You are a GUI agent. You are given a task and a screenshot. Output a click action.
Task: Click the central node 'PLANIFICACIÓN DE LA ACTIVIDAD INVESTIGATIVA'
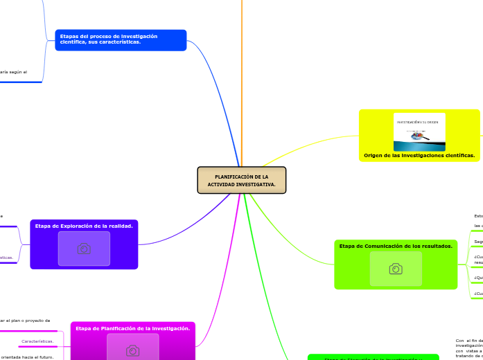tap(241, 180)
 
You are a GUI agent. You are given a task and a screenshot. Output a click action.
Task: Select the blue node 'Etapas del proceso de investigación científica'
tap(121, 39)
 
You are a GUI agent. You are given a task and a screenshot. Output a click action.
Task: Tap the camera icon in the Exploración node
tap(84, 249)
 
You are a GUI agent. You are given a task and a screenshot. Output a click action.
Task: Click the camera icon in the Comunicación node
tap(396, 269)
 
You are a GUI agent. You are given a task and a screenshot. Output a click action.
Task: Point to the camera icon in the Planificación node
tap(132, 350)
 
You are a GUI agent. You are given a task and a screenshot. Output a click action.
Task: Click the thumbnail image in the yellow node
tap(419, 132)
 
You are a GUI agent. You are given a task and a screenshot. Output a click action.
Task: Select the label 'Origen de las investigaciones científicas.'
tap(419, 156)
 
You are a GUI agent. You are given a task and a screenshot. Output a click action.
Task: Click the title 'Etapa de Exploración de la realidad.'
tap(84, 226)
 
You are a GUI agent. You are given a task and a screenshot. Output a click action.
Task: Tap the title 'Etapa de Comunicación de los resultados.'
tap(396, 246)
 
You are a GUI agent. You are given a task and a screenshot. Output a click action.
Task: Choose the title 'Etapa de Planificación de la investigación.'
tap(132, 328)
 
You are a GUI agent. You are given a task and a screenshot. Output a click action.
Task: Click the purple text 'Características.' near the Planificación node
tap(37, 341)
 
